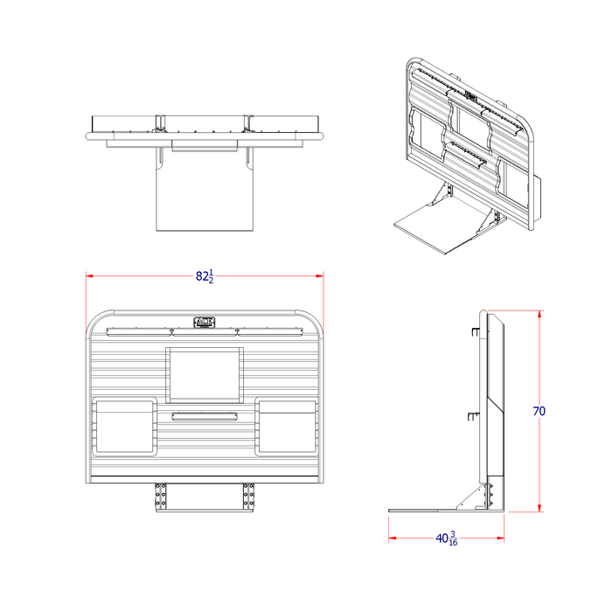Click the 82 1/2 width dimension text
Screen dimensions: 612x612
[x=204, y=276]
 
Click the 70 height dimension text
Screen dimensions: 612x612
[x=539, y=411]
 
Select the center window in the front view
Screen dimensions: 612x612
[x=204, y=371]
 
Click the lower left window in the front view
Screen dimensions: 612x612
[x=122, y=427]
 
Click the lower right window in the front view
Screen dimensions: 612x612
[x=286, y=427]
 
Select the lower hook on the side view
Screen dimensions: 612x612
[x=473, y=416]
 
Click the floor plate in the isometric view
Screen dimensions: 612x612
[x=437, y=227]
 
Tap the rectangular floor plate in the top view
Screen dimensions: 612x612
[x=205, y=197]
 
